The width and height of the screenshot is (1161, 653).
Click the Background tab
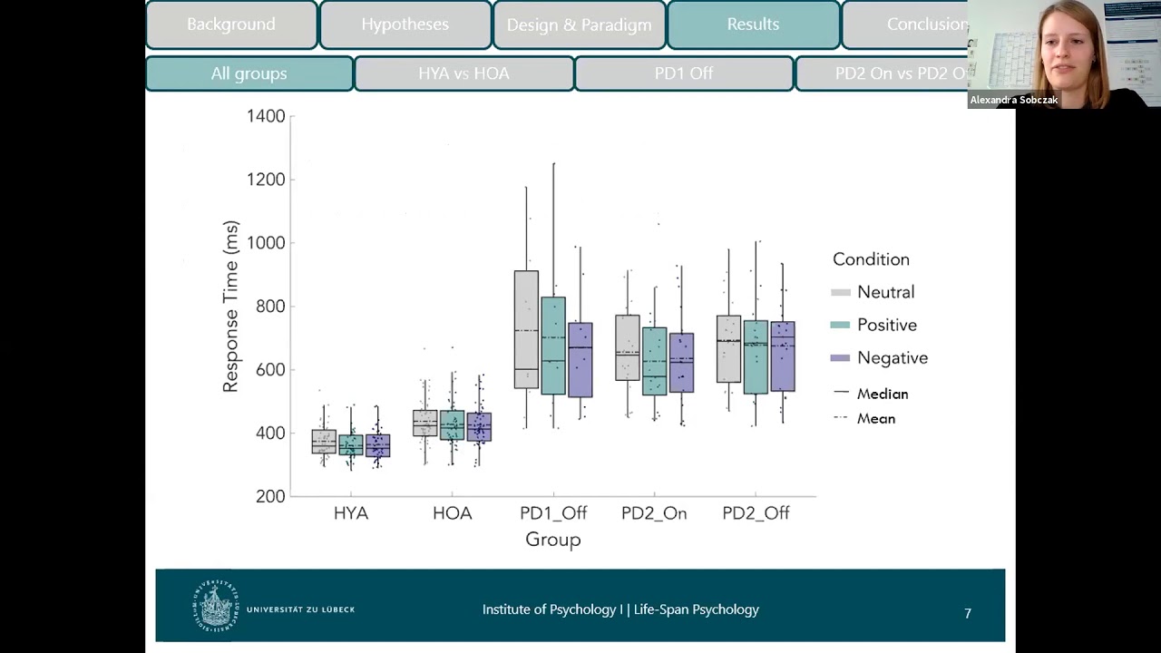click(x=231, y=24)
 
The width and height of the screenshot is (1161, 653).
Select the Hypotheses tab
click(x=405, y=24)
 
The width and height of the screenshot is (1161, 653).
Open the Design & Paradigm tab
click(x=579, y=24)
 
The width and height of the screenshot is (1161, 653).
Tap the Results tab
click(x=753, y=24)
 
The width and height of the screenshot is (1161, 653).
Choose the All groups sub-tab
click(x=249, y=73)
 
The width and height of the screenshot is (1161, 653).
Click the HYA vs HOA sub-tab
click(x=463, y=73)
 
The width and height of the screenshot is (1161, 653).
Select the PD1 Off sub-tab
click(x=684, y=73)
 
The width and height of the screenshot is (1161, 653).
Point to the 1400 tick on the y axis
click(x=266, y=116)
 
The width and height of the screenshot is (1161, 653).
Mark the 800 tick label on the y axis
click(x=266, y=307)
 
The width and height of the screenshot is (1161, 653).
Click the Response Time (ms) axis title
click(x=230, y=307)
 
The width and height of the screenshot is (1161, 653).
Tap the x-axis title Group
click(x=552, y=540)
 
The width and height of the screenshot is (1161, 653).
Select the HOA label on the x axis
click(x=452, y=513)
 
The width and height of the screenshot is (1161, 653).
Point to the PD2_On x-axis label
click(x=654, y=513)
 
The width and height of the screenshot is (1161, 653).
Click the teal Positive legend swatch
click(x=841, y=325)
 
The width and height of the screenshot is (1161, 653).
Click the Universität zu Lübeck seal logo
click(x=215, y=606)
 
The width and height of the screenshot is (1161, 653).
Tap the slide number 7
click(x=968, y=614)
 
